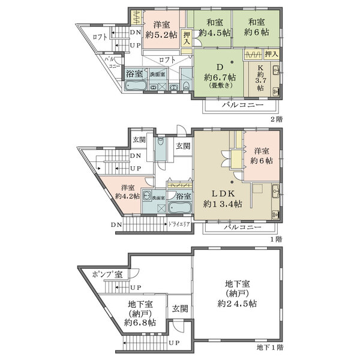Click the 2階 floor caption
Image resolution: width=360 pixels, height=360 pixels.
point(275,119)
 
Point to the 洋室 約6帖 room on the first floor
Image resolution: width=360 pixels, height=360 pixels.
point(263,155)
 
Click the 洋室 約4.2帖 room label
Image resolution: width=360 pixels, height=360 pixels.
point(127,191)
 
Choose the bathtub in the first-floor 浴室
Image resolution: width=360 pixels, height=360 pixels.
point(179,208)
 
